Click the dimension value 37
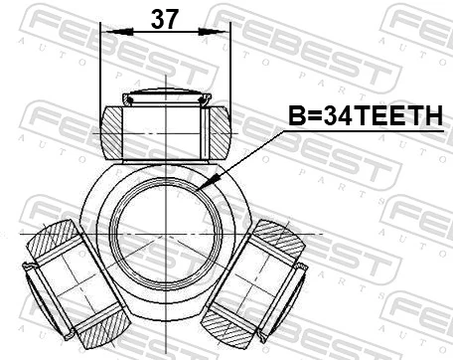tap(165, 18)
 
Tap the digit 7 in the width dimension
tap(174, 18)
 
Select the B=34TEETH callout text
tap(364, 117)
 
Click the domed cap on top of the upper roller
tap(165, 97)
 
